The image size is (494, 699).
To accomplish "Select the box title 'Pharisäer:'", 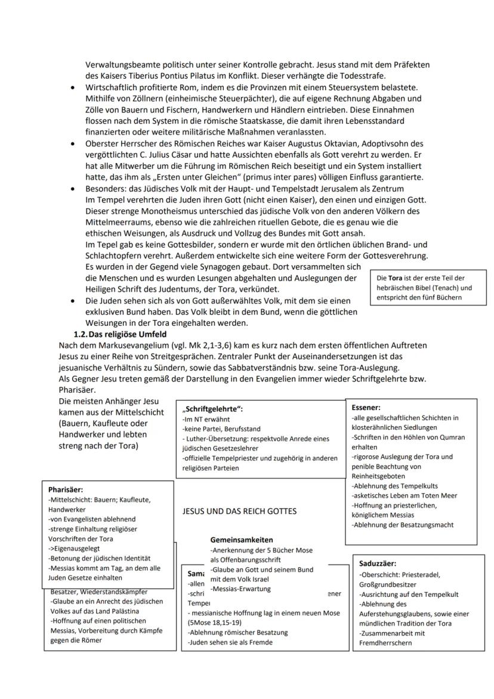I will coord(65,489).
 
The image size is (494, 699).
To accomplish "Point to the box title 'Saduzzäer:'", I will coord(378,563).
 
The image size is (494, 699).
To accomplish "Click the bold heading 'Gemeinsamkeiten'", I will coord(242,539).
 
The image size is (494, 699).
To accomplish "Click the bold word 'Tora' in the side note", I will coord(396,278).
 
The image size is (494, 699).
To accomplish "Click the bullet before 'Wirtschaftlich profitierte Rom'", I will coord(72,87).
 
